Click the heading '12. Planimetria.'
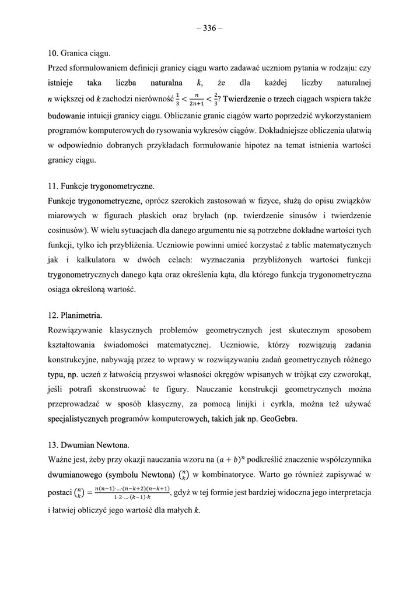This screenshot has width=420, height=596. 75,315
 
